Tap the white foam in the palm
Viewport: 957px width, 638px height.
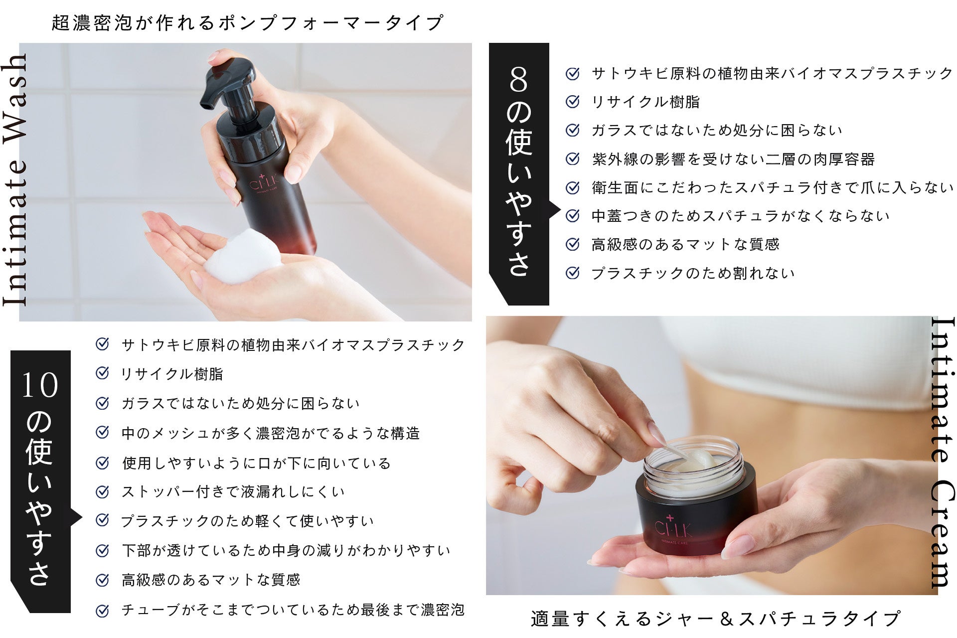pos(244,257)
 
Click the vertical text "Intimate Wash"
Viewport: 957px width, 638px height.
pos(14,180)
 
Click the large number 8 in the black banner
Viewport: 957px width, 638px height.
pos(518,80)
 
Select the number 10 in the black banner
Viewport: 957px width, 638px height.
pos(40,386)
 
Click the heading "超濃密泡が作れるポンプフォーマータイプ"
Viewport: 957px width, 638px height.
pos(248,22)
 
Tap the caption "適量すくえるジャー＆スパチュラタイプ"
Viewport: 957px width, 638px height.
pos(716,619)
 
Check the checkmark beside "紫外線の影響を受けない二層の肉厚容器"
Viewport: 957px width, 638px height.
pos(573,159)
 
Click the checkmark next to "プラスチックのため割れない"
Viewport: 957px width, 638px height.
pos(573,273)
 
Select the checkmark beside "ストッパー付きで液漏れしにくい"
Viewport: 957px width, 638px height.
pos(102,492)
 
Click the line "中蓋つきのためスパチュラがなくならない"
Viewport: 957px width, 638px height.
pos(741,216)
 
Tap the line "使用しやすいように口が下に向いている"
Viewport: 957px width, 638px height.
pos(256,463)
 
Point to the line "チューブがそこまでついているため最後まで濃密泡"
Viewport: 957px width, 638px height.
pos(293,610)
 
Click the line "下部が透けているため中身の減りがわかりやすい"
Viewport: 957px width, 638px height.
pos(286,550)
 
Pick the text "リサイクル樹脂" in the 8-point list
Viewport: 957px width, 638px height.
pos(645,102)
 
